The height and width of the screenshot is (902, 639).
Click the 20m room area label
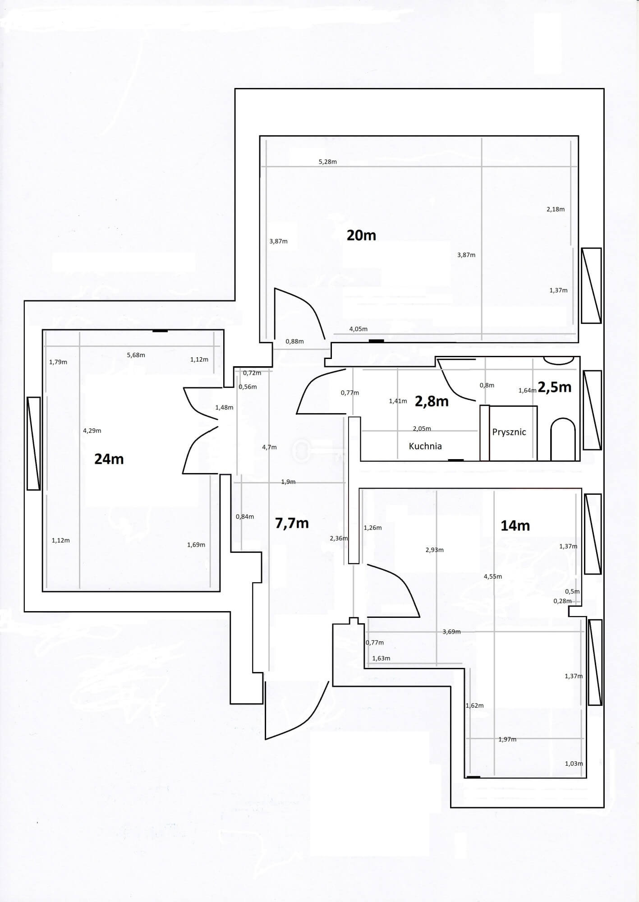(361, 235)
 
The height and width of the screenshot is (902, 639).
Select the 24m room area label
(109, 459)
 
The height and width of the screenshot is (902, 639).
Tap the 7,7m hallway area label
(292, 523)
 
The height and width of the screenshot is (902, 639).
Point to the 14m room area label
(515, 525)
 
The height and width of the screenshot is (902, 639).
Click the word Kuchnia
(425, 446)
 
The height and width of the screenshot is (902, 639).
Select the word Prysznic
(509, 432)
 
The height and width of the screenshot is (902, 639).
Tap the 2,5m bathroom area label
(555, 387)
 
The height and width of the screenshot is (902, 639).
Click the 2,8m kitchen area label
(432, 401)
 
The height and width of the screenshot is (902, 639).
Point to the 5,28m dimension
(328, 161)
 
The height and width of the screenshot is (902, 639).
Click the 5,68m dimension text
(136, 355)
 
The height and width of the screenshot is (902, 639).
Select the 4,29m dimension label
(92, 431)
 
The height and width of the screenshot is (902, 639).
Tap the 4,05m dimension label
(359, 329)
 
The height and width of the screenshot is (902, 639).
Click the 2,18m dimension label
(556, 209)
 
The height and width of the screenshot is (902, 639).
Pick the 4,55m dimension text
(493, 576)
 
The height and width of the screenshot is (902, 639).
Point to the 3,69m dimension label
(451, 631)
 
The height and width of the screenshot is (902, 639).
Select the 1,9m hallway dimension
(288, 482)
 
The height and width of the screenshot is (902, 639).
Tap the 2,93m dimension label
(435, 550)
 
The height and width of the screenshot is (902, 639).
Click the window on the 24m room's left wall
(34, 443)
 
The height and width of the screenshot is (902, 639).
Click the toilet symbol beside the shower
(563, 439)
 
